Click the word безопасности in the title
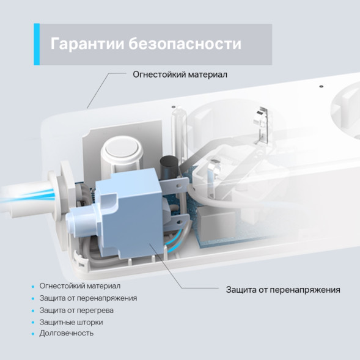click(x=185, y=44)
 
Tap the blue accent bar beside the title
click(x=37, y=44)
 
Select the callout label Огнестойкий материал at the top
click(x=180, y=74)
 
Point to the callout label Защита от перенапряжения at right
click(x=282, y=290)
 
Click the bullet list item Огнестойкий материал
click(x=79, y=285)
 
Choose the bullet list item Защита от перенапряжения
click(x=88, y=298)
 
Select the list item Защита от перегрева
click(x=76, y=310)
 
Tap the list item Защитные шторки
click(x=71, y=321)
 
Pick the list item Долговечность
click(x=66, y=333)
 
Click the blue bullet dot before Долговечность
click(x=32, y=334)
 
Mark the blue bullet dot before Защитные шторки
click(x=32, y=322)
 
